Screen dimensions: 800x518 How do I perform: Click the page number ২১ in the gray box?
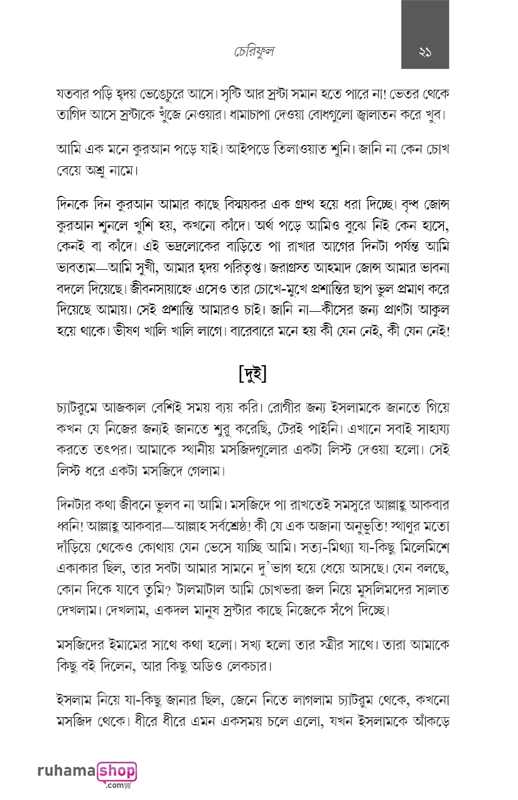424,52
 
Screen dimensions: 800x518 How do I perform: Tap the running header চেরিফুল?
252,52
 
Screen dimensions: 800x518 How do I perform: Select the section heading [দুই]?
253,375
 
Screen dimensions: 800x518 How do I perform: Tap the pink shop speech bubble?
117,771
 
